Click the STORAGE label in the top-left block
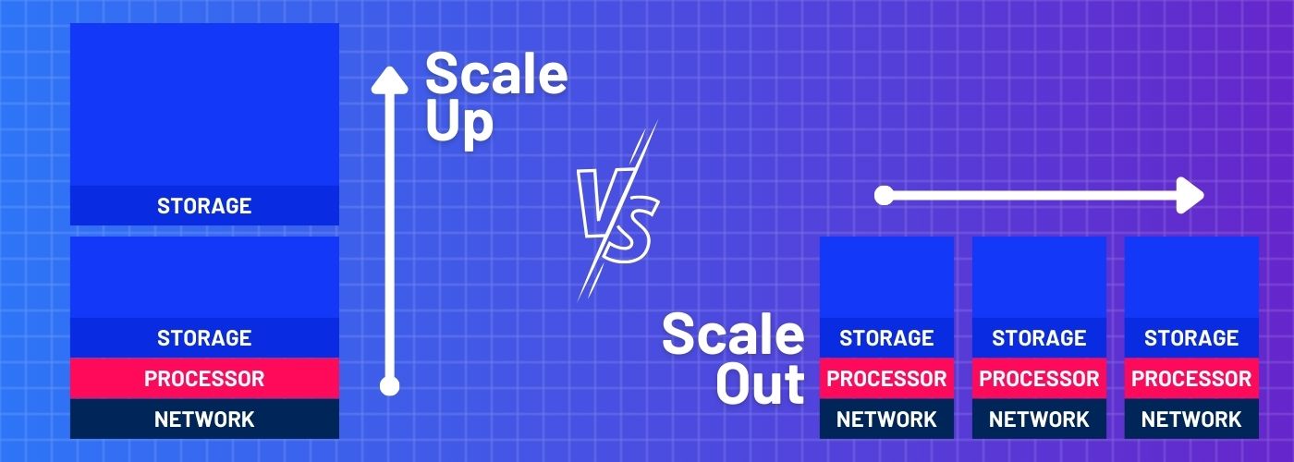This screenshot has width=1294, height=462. (204, 205)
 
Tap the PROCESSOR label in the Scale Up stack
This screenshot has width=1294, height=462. (204, 379)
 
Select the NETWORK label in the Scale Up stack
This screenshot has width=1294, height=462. (204, 419)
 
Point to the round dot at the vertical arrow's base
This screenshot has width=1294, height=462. (389, 385)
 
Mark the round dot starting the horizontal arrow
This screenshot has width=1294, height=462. (884, 195)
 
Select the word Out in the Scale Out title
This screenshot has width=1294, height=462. (761, 383)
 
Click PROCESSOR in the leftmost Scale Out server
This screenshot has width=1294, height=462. (886, 379)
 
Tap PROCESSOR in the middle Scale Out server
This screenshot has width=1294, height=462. (1039, 379)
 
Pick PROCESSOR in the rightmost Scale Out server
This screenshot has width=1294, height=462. (1191, 379)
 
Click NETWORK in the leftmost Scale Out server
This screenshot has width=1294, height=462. (886, 419)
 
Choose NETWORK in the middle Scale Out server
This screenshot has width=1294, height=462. (1039, 419)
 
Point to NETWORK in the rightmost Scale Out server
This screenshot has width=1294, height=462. (1191, 419)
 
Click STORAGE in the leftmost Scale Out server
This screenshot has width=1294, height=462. (886, 338)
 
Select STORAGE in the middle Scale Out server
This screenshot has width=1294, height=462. (1039, 338)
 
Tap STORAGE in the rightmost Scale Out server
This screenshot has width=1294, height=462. (1191, 338)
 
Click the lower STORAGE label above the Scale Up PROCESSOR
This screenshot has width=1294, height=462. (204, 338)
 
